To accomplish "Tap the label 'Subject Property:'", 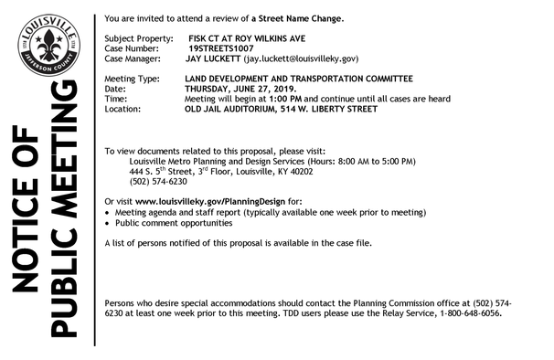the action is point(137,37).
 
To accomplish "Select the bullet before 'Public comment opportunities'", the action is point(109,223).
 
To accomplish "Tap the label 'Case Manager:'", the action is point(134,57).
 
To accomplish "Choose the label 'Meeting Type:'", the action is point(133,80).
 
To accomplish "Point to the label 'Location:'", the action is point(123,109).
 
